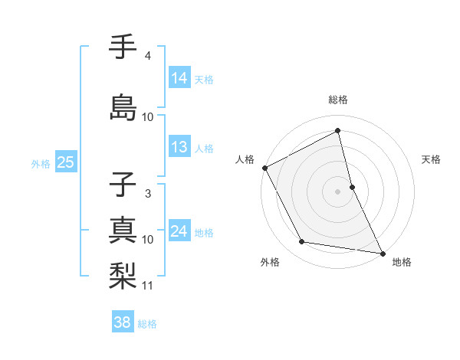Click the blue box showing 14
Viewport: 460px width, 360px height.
point(179,77)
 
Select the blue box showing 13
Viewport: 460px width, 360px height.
point(179,147)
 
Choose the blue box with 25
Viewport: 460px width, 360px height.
point(66,162)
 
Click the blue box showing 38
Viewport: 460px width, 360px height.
point(123,322)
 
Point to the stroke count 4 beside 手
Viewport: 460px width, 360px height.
point(148,56)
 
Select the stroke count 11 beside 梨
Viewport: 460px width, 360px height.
point(148,286)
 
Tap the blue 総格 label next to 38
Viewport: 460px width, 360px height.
point(147,324)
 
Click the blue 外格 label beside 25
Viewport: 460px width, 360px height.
point(41,163)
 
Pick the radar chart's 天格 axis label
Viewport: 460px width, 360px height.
point(432,159)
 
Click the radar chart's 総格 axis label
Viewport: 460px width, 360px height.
point(337,100)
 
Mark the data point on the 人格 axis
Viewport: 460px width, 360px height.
point(264,168)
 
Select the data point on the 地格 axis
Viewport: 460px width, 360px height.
point(382,252)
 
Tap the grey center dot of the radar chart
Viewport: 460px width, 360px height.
point(337,191)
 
